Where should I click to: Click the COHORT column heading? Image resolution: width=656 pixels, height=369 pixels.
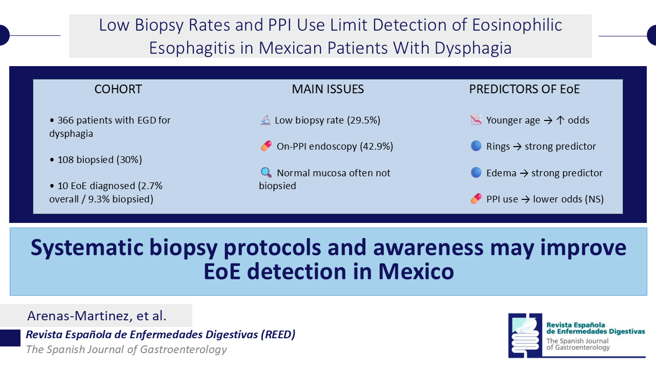pos(118,89)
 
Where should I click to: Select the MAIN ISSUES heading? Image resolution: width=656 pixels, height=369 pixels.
pos(327,89)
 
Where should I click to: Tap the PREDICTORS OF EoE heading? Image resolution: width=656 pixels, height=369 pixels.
pos(524,89)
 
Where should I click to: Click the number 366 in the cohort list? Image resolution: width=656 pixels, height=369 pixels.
pos(66,120)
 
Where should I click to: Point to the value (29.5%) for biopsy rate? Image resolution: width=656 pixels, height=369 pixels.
pos(363,120)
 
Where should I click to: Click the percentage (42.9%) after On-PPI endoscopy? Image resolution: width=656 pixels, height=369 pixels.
pos(376,147)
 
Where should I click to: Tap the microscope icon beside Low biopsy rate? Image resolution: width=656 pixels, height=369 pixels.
pos(265,120)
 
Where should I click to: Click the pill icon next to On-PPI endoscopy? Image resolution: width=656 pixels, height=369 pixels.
pos(266,147)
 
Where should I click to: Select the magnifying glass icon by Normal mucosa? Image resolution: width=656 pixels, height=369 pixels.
pos(265,173)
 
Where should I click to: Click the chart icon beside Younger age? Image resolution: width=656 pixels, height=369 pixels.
pos(476,120)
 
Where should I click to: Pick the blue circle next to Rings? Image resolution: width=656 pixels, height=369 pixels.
pos(476,147)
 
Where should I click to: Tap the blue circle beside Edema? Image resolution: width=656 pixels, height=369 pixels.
pos(476,173)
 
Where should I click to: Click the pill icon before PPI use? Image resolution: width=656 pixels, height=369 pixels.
pos(476,199)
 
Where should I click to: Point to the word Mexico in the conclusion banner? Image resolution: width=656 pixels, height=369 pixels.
pos(416,271)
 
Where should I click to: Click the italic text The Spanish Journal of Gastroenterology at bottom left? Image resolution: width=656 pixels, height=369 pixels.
pos(126,350)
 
